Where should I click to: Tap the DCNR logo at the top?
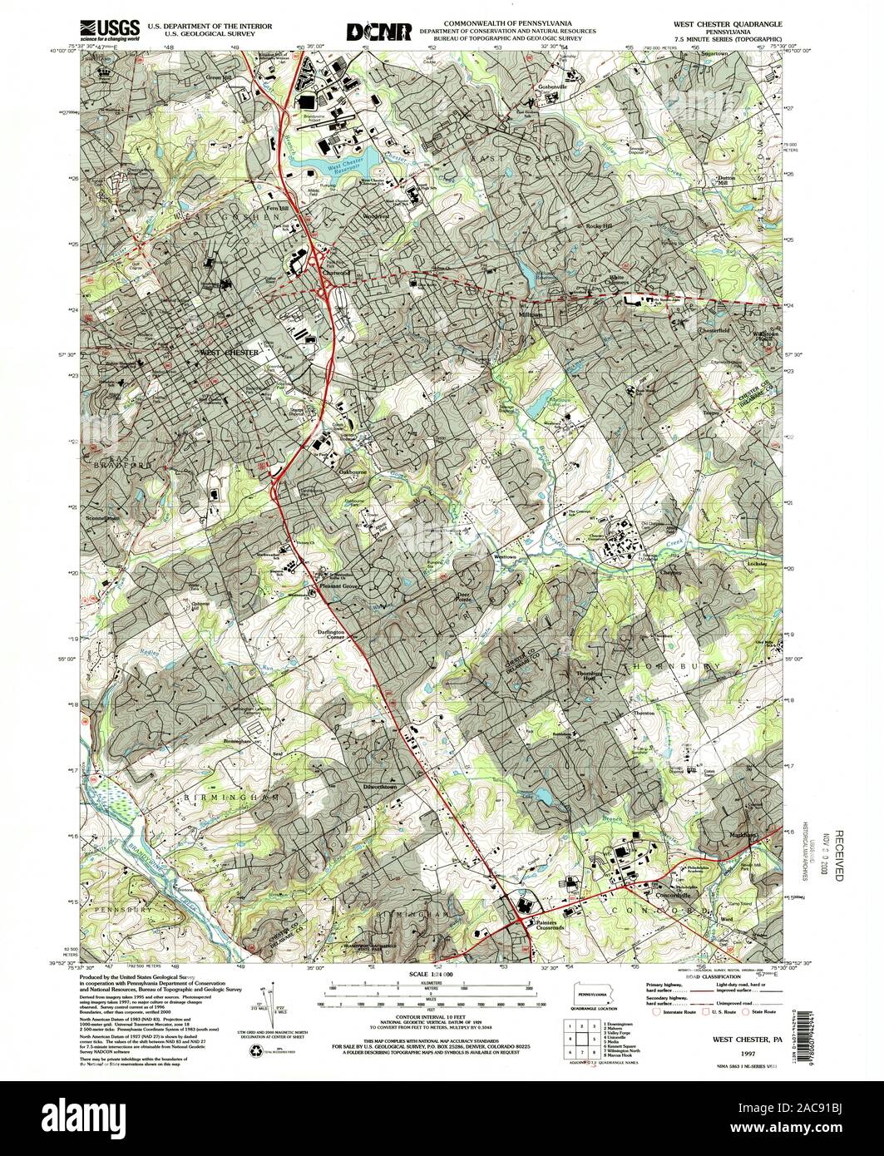coord(379,32)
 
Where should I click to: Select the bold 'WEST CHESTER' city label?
coord(230,353)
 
